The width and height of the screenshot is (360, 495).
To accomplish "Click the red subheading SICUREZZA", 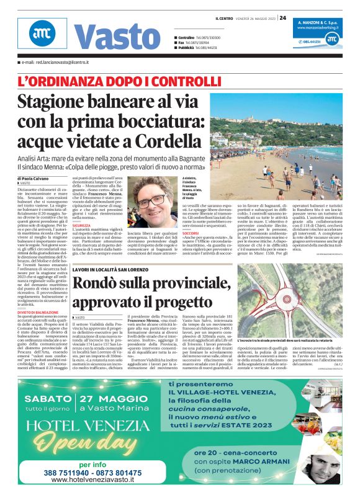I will tap(81, 226).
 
